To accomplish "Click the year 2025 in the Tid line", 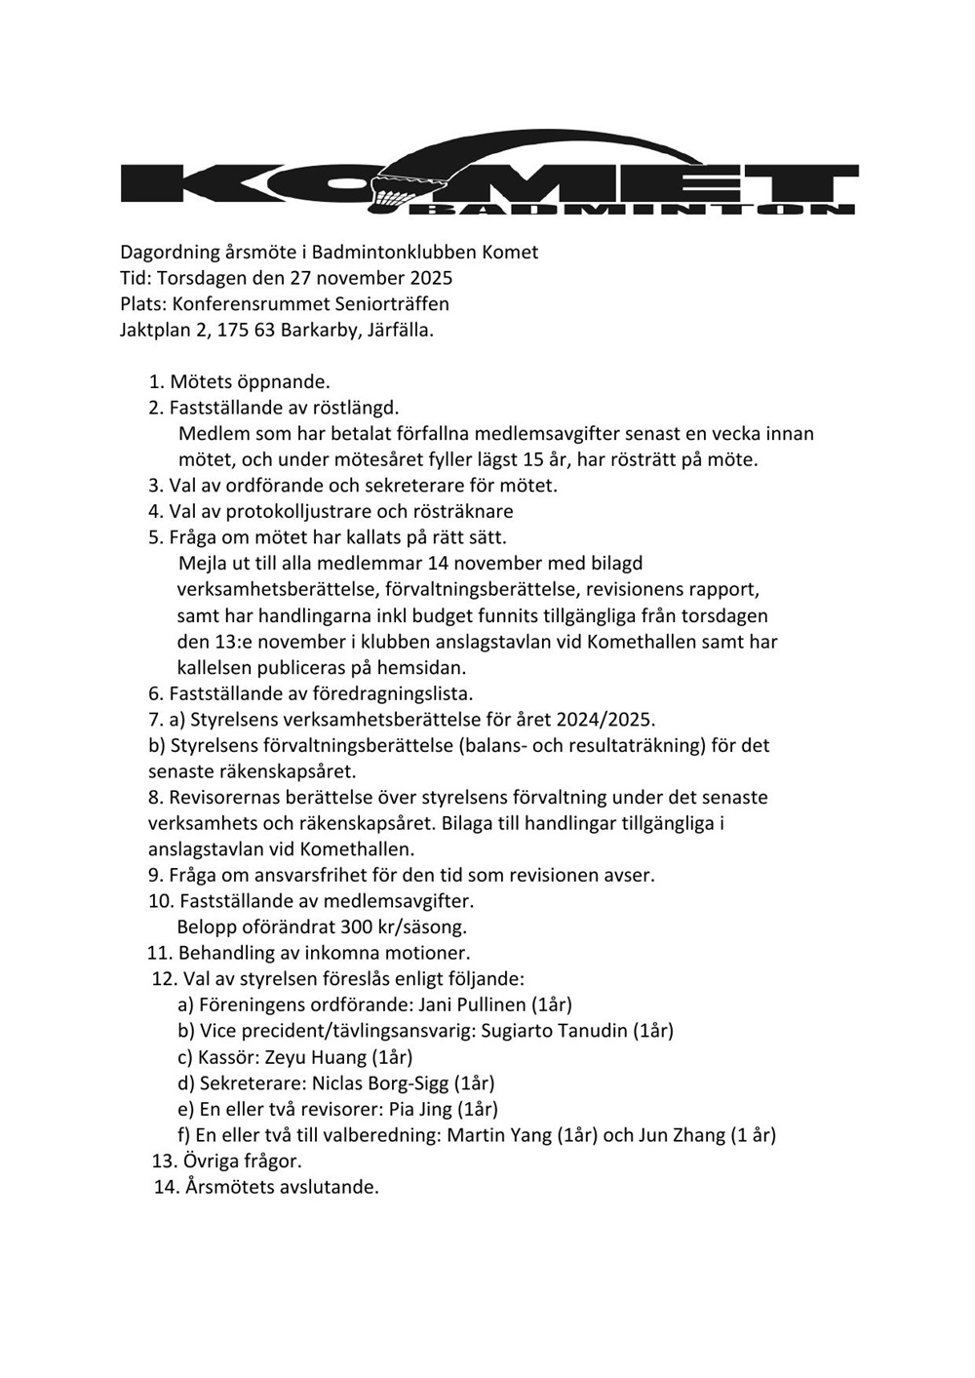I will click(431, 278).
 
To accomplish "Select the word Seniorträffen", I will click(392, 303).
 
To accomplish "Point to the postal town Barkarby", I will click(317, 330).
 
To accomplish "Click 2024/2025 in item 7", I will click(604, 720).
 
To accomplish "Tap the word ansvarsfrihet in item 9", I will click(307, 875).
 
